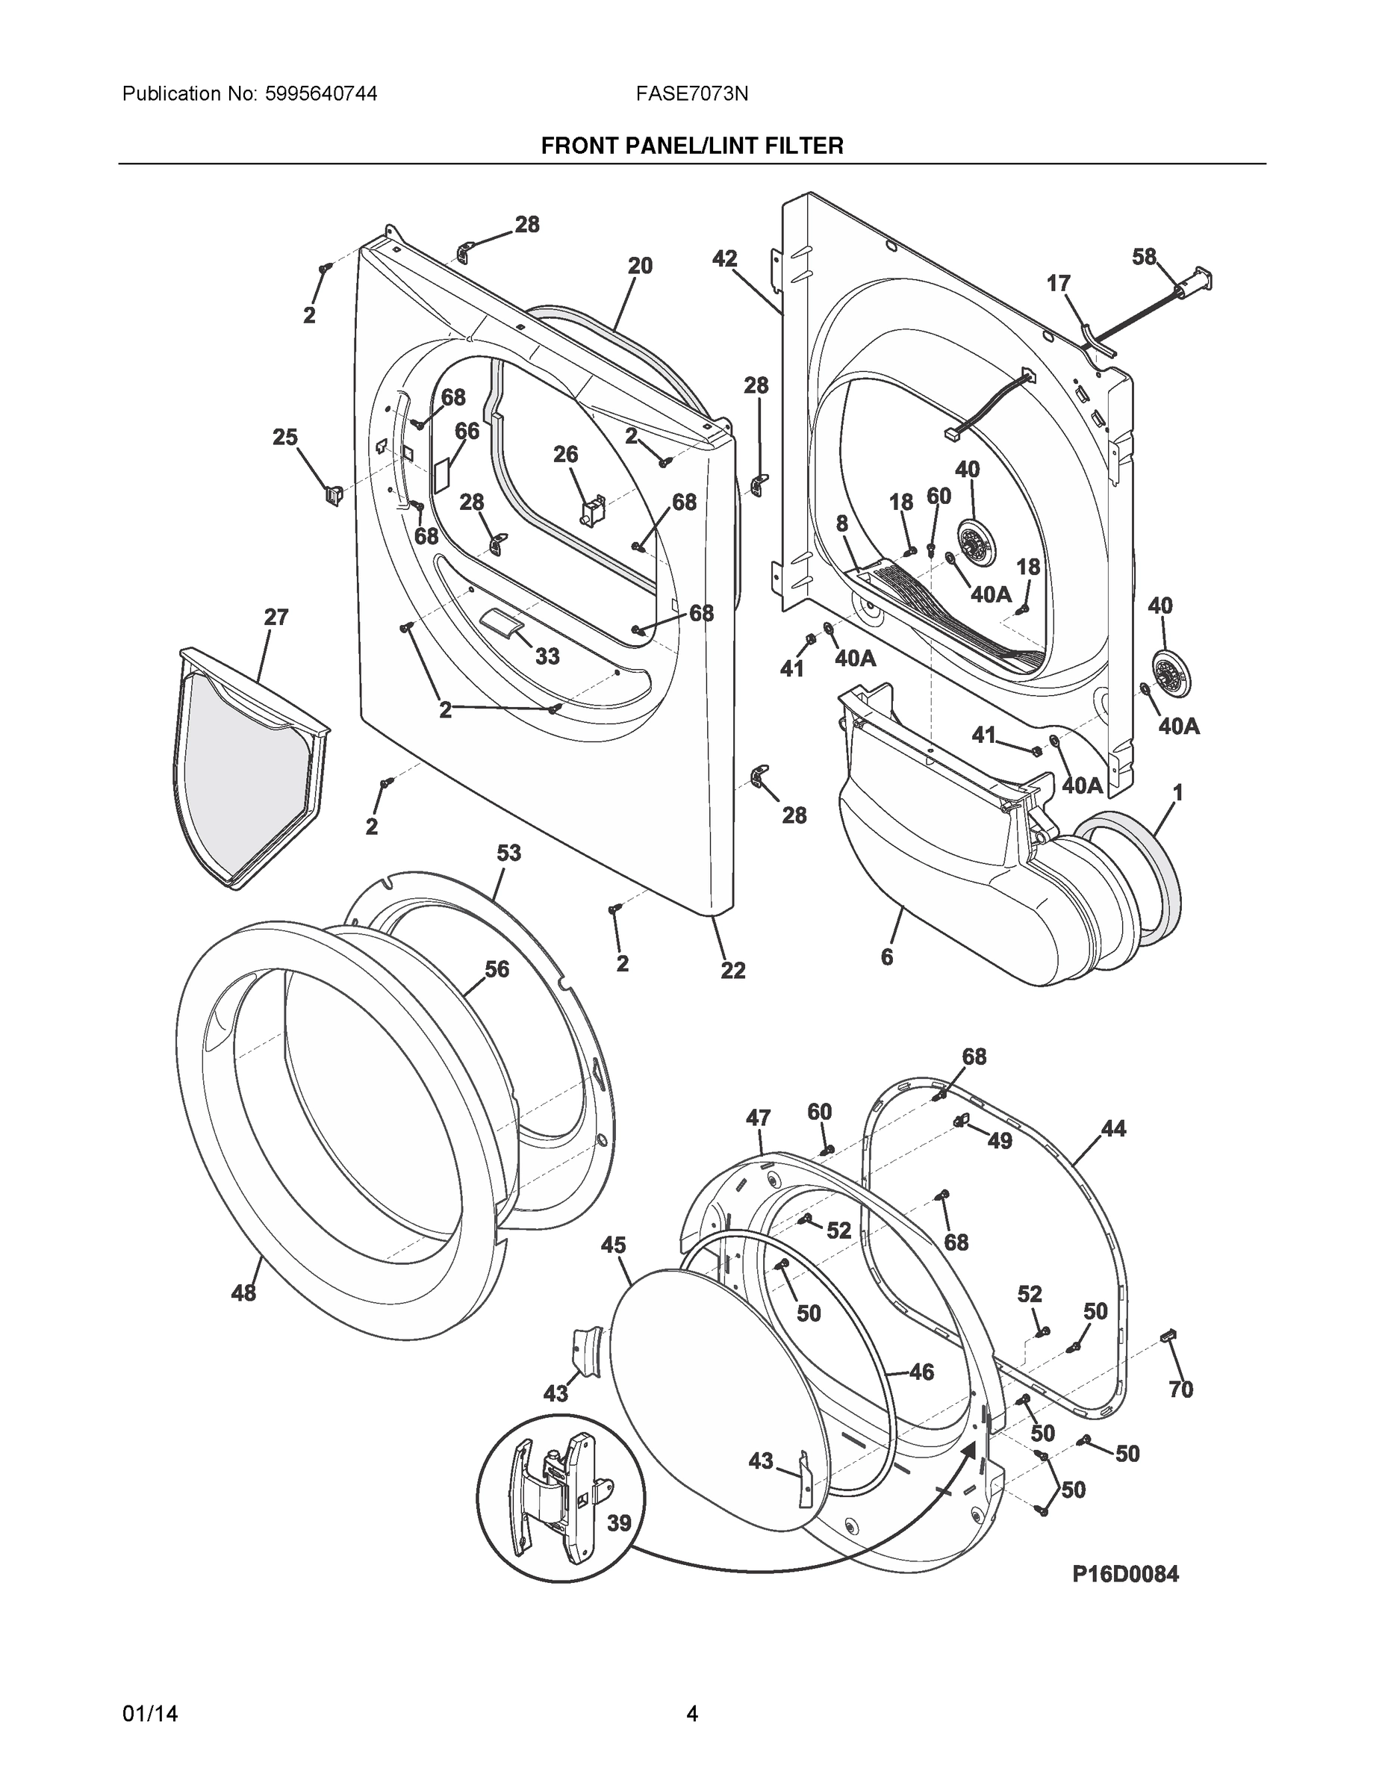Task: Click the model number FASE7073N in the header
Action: [691, 94]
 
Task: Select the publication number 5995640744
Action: [322, 94]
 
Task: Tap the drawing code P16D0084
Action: [1125, 1574]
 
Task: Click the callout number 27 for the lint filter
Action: [276, 617]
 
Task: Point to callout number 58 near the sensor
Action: [1144, 257]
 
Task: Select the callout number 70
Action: [1180, 1389]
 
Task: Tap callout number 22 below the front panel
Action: [732, 970]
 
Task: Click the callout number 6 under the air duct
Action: [887, 956]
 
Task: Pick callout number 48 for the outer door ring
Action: [243, 1293]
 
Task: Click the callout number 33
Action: [547, 656]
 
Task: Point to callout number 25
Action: [285, 438]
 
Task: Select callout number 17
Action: [1059, 283]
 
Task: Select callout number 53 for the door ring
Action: [508, 853]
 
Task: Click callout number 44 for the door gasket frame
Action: [1113, 1129]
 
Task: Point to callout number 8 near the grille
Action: [842, 523]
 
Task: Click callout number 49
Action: [1000, 1140]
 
